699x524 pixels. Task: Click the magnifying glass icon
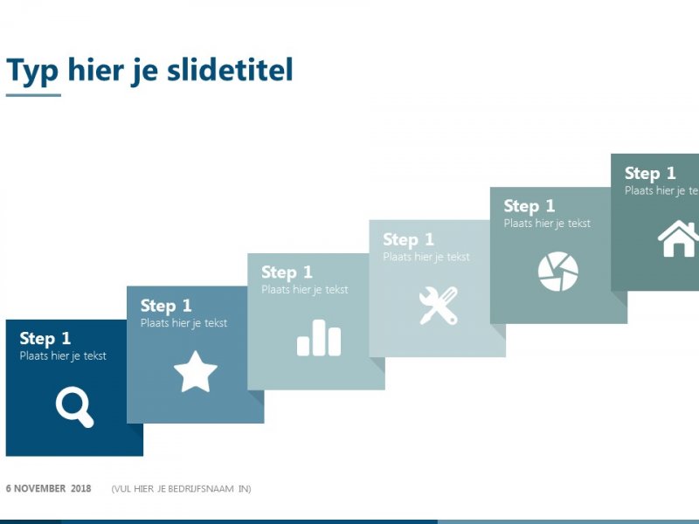coord(74,408)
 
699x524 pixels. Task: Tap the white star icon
coord(195,373)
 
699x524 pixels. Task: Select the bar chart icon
coord(319,338)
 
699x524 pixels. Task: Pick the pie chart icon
coord(558,272)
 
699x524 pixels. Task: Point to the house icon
coord(679,239)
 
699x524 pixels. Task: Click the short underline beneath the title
coord(33,94)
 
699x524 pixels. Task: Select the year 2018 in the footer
coord(80,488)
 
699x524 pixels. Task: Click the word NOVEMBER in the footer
coord(39,488)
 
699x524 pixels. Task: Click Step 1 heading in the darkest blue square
coord(45,339)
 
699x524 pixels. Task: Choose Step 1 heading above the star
coord(166,306)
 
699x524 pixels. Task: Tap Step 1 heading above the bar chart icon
coord(287,272)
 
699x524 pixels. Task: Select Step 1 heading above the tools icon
coord(408,239)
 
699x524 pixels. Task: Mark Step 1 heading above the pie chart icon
coord(529,206)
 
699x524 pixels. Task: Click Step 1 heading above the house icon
coord(650,173)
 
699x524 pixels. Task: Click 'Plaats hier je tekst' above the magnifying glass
coord(63,356)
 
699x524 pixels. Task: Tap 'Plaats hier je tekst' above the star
coord(183,323)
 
